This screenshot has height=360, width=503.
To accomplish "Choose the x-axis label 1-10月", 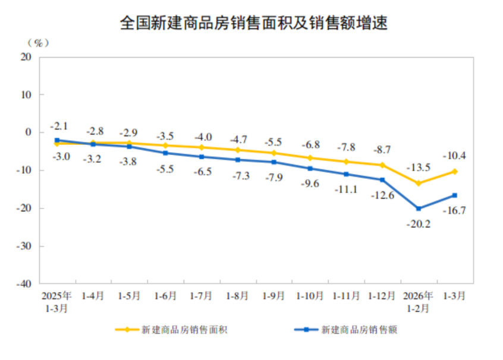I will [310, 295].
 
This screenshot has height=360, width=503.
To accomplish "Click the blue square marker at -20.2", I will [419, 209].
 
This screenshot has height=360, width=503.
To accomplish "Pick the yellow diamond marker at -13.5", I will [419, 183].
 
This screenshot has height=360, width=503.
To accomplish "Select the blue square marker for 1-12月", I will [382, 180].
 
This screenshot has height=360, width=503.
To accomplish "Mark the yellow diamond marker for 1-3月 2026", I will [455, 171].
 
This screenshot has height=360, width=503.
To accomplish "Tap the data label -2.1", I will [59, 126].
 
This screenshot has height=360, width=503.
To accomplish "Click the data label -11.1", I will [347, 189].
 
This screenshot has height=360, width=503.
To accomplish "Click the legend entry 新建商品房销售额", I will [359, 330].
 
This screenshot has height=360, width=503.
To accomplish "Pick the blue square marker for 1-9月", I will [274, 162].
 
